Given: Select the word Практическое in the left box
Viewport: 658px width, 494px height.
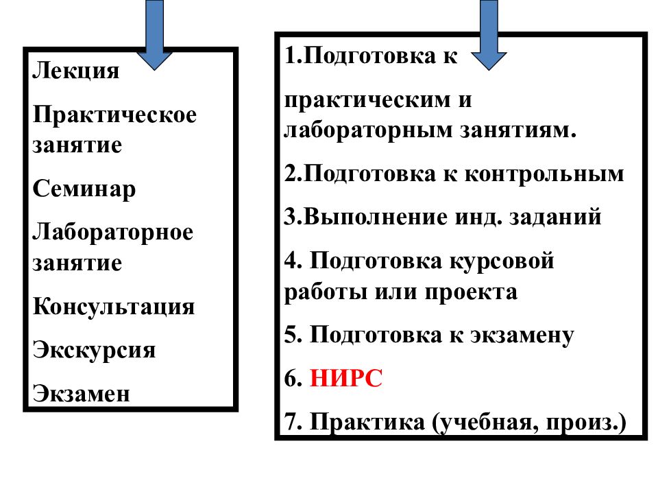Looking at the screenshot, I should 114,115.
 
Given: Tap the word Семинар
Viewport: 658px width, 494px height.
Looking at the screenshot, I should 84,189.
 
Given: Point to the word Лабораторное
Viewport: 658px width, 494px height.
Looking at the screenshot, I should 113,232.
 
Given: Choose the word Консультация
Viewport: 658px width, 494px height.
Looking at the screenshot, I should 114,306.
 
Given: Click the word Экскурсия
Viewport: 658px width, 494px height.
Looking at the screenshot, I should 94,350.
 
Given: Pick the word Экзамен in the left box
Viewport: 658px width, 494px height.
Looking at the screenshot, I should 81,393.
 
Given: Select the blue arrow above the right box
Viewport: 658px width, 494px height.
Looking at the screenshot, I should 489,34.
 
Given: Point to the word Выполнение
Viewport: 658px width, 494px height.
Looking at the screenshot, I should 364,217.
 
